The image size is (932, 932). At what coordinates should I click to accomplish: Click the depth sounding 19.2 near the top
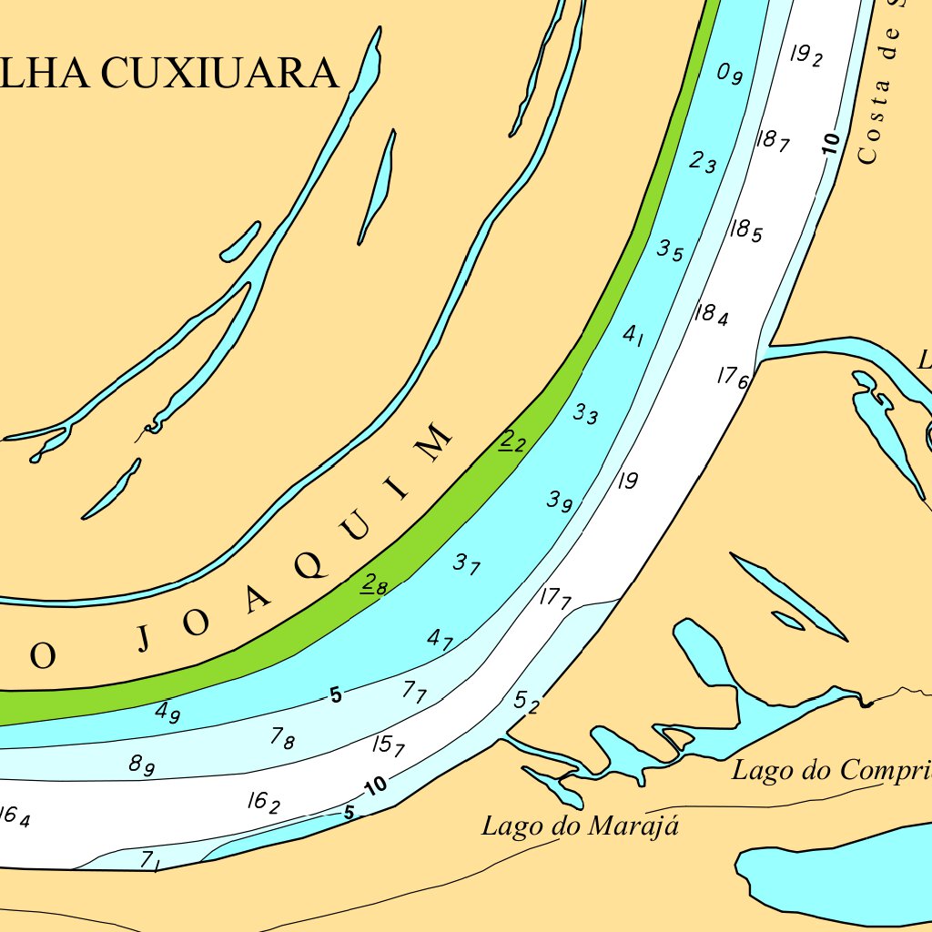coord(805,56)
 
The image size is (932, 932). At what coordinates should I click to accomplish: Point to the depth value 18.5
coord(745,229)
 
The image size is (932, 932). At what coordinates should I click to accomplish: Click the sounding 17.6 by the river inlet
coord(732,377)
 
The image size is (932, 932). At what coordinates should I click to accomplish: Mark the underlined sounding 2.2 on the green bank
coord(513,442)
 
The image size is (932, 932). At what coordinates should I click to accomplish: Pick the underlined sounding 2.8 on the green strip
coord(374,583)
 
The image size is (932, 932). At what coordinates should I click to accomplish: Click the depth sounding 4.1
coord(633,335)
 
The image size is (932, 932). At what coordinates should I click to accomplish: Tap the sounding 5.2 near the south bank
coord(527,701)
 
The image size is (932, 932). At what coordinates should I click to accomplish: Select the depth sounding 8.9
coord(141,765)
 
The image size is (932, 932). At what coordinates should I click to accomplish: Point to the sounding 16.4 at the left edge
coord(15,816)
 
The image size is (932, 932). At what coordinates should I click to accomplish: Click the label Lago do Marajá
coord(581,826)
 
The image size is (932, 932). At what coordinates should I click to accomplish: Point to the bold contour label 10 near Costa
coord(829,143)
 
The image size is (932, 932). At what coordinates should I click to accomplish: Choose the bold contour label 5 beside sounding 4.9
coord(336,695)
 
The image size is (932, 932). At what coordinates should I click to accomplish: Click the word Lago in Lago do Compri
coord(761,770)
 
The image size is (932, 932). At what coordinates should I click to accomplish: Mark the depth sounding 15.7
coord(389,745)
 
